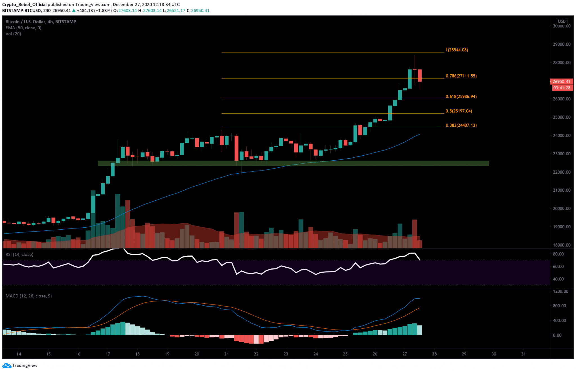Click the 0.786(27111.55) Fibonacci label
coord(461,76)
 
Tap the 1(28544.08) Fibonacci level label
coord(456,50)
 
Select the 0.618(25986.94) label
coord(461,97)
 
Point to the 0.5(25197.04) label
coord(459,111)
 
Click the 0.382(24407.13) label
coord(461,125)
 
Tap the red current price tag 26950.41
coord(561,82)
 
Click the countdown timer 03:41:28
coord(561,88)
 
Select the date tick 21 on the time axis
coord(226,354)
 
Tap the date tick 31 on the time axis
coord(523,354)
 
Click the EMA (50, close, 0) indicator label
coord(23,28)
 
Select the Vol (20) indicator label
coord(13,34)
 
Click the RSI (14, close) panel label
coord(19,254)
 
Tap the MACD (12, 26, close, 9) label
coord(29,296)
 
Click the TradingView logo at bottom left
coord(20,365)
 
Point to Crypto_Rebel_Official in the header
coord(24,5)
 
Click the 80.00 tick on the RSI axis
coord(558,254)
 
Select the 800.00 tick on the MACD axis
coord(559,306)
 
